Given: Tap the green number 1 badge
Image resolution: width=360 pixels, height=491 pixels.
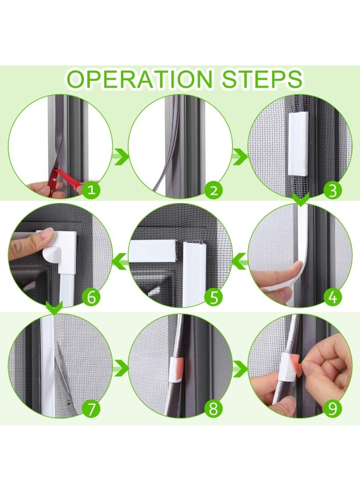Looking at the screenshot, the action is point(91,189).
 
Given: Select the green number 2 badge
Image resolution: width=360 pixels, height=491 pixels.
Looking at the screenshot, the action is point(213,190).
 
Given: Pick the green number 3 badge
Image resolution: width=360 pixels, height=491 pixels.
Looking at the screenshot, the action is point(333,190).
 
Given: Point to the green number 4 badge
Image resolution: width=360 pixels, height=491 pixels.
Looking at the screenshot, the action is point(333,297).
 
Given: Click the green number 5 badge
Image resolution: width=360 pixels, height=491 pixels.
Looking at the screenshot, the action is point(213,297).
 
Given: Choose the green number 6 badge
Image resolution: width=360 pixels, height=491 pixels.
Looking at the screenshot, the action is point(91,297).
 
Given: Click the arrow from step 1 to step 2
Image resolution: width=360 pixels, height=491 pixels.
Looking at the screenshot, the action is point(120,156).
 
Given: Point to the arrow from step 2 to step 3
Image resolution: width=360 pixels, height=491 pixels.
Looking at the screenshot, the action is point(240,156).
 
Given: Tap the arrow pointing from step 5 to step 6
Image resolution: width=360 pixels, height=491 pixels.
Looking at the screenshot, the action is point(120,261).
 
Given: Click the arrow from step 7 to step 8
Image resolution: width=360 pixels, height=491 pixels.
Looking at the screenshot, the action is point(121,368).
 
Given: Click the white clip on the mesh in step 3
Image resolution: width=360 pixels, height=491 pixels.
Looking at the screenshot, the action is point(298,143).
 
